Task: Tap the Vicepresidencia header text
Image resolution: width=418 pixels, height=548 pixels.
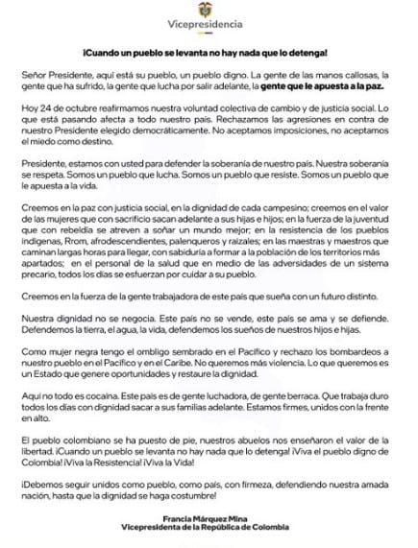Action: [x=209, y=28]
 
